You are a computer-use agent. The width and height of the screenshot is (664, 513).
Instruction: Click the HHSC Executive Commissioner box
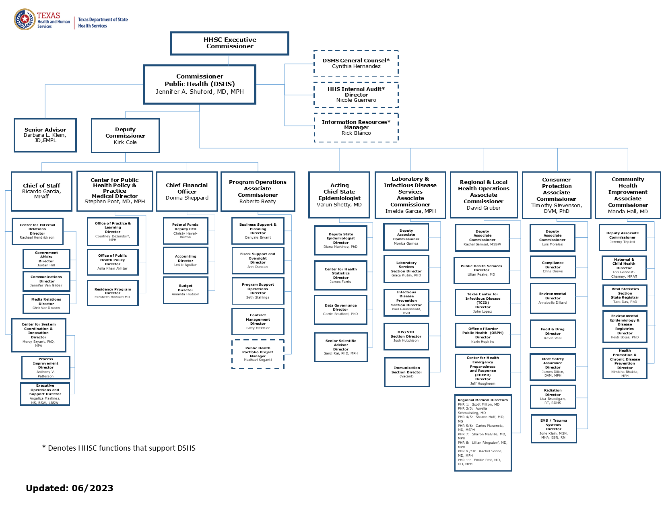click(x=229, y=43)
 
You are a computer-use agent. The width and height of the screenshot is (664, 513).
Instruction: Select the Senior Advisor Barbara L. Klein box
click(x=45, y=135)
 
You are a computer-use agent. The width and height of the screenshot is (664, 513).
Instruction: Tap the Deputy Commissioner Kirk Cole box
click(x=125, y=136)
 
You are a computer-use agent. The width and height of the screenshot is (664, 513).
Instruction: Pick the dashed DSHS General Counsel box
click(x=356, y=64)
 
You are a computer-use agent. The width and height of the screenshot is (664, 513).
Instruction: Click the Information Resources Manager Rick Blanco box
click(x=356, y=128)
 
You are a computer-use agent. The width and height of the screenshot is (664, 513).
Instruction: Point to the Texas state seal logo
click(x=25, y=19)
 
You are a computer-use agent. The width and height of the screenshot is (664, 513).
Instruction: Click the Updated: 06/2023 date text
click(x=69, y=488)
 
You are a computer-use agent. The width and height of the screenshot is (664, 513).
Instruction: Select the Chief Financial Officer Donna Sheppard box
click(x=187, y=191)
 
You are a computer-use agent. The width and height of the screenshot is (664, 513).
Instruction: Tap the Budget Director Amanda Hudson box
click(x=186, y=290)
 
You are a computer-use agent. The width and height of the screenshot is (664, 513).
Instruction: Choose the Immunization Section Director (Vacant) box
click(x=407, y=372)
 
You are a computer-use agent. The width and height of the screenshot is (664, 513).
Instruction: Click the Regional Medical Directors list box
click(x=483, y=433)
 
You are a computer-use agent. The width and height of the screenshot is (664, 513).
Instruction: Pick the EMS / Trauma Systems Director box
click(x=553, y=429)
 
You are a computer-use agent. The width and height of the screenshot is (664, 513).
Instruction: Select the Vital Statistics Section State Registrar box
click(x=625, y=295)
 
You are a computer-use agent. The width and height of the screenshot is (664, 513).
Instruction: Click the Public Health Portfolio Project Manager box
click(x=258, y=354)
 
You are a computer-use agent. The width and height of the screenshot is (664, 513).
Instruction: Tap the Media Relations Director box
click(x=46, y=303)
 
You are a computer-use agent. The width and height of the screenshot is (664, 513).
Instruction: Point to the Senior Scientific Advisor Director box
click(x=341, y=347)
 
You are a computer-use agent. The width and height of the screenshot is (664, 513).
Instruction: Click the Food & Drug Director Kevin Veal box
click(x=553, y=333)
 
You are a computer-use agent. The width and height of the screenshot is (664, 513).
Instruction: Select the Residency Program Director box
click(x=113, y=293)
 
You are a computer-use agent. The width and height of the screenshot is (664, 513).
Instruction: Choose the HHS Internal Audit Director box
click(x=356, y=95)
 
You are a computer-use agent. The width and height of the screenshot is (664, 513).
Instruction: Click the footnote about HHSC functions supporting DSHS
click(x=119, y=448)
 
